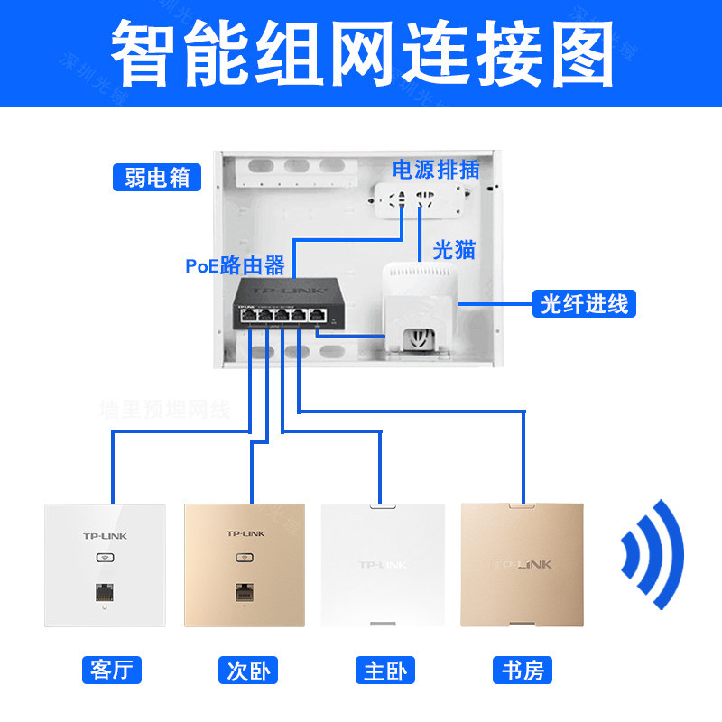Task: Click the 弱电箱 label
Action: point(157,177)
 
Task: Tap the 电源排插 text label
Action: point(434,169)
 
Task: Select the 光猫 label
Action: point(454,249)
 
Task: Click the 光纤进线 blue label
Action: point(584,303)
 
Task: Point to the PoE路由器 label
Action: point(236,265)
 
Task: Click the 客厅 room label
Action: point(112,671)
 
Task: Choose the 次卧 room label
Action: point(247,671)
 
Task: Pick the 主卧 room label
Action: point(384,671)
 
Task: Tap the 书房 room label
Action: point(523,671)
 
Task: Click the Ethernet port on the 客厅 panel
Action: point(106,594)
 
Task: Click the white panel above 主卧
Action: point(382,564)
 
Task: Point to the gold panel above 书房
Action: point(522,564)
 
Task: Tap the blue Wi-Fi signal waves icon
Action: point(653,552)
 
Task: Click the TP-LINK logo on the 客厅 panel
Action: point(106,536)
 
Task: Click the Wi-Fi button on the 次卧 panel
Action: point(245,556)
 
